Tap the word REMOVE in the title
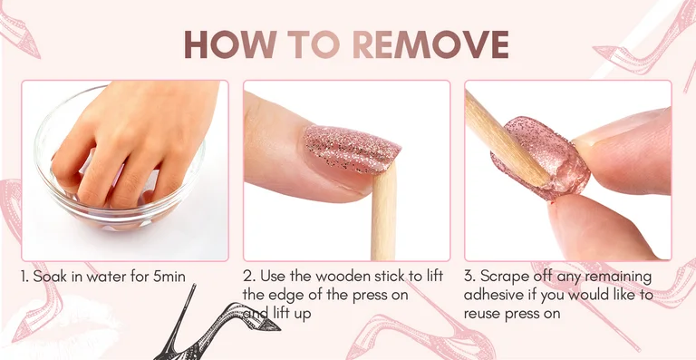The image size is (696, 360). (x=430, y=44)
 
